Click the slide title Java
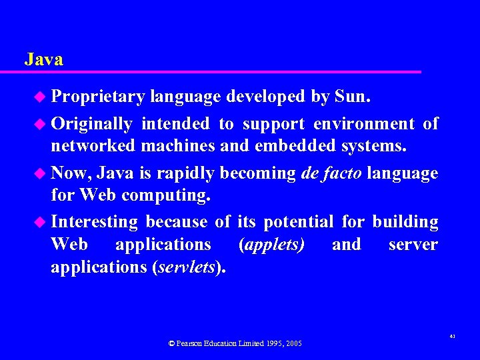[44, 59]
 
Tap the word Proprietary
[98, 97]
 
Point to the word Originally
[91, 123]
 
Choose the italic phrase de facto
[331, 173]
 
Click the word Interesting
[94, 221]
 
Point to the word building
[405, 221]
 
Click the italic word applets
[271, 245]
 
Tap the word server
[413, 245]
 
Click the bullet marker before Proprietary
[41, 98]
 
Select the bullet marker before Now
[41, 174]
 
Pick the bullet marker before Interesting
[41, 222]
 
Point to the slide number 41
[452, 338]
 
